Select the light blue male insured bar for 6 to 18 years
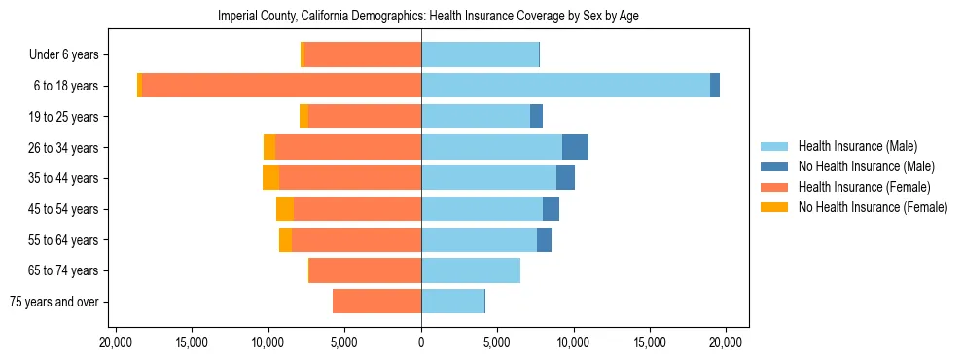tap(565, 86)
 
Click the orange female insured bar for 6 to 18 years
tap(281, 86)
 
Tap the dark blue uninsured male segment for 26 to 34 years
tap(575, 147)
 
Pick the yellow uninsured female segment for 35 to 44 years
tap(270, 178)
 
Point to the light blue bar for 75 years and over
tap(452, 302)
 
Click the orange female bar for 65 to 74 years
tap(365, 270)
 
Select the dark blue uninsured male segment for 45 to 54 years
tap(551, 209)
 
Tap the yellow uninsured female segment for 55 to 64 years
tap(285, 239)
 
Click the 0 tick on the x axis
tap(421, 342)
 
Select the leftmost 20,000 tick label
tap(116, 342)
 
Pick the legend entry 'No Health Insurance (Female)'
tap(873, 207)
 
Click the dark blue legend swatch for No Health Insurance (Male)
tap(774, 166)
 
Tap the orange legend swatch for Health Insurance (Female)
tap(774, 187)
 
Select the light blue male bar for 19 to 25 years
tap(476, 117)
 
